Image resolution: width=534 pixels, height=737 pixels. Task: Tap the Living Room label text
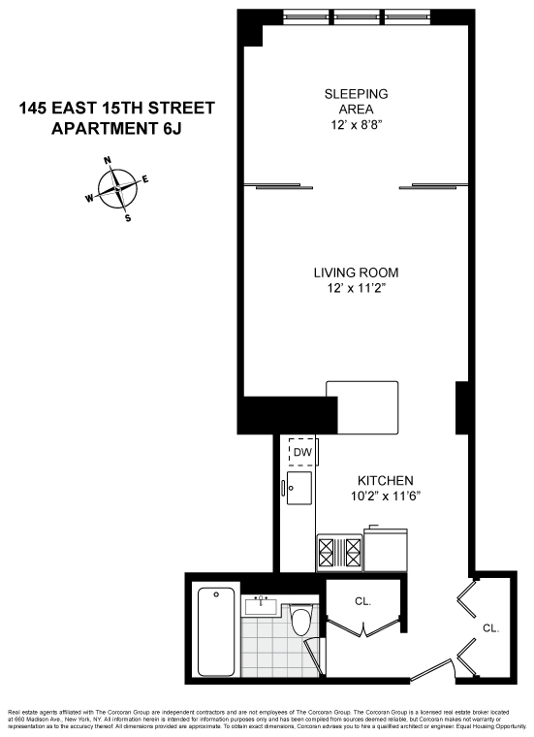(x=356, y=272)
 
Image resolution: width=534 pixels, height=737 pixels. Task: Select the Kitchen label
(x=386, y=481)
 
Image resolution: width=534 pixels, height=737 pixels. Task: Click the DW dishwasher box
(x=302, y=452)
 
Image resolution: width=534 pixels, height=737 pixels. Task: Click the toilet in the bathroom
(x=302, y=622)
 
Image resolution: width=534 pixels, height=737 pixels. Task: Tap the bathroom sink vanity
(x=261, y=606)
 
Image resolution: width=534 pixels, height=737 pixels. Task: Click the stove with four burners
(x=339, y=553)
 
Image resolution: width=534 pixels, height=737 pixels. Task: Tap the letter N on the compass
(x=108, y=161)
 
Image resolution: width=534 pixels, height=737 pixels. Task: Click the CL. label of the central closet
(x=362, y=601)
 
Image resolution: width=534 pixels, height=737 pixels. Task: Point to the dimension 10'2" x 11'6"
(x=386, y=497)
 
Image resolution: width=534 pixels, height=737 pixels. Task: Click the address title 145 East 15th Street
(x=116, y=108)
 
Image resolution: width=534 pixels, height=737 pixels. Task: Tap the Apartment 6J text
(x=116, y=127)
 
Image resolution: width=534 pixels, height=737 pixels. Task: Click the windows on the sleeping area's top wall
(x=356, y=17)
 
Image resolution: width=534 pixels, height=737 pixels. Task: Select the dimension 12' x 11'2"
(x=356, y=288)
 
